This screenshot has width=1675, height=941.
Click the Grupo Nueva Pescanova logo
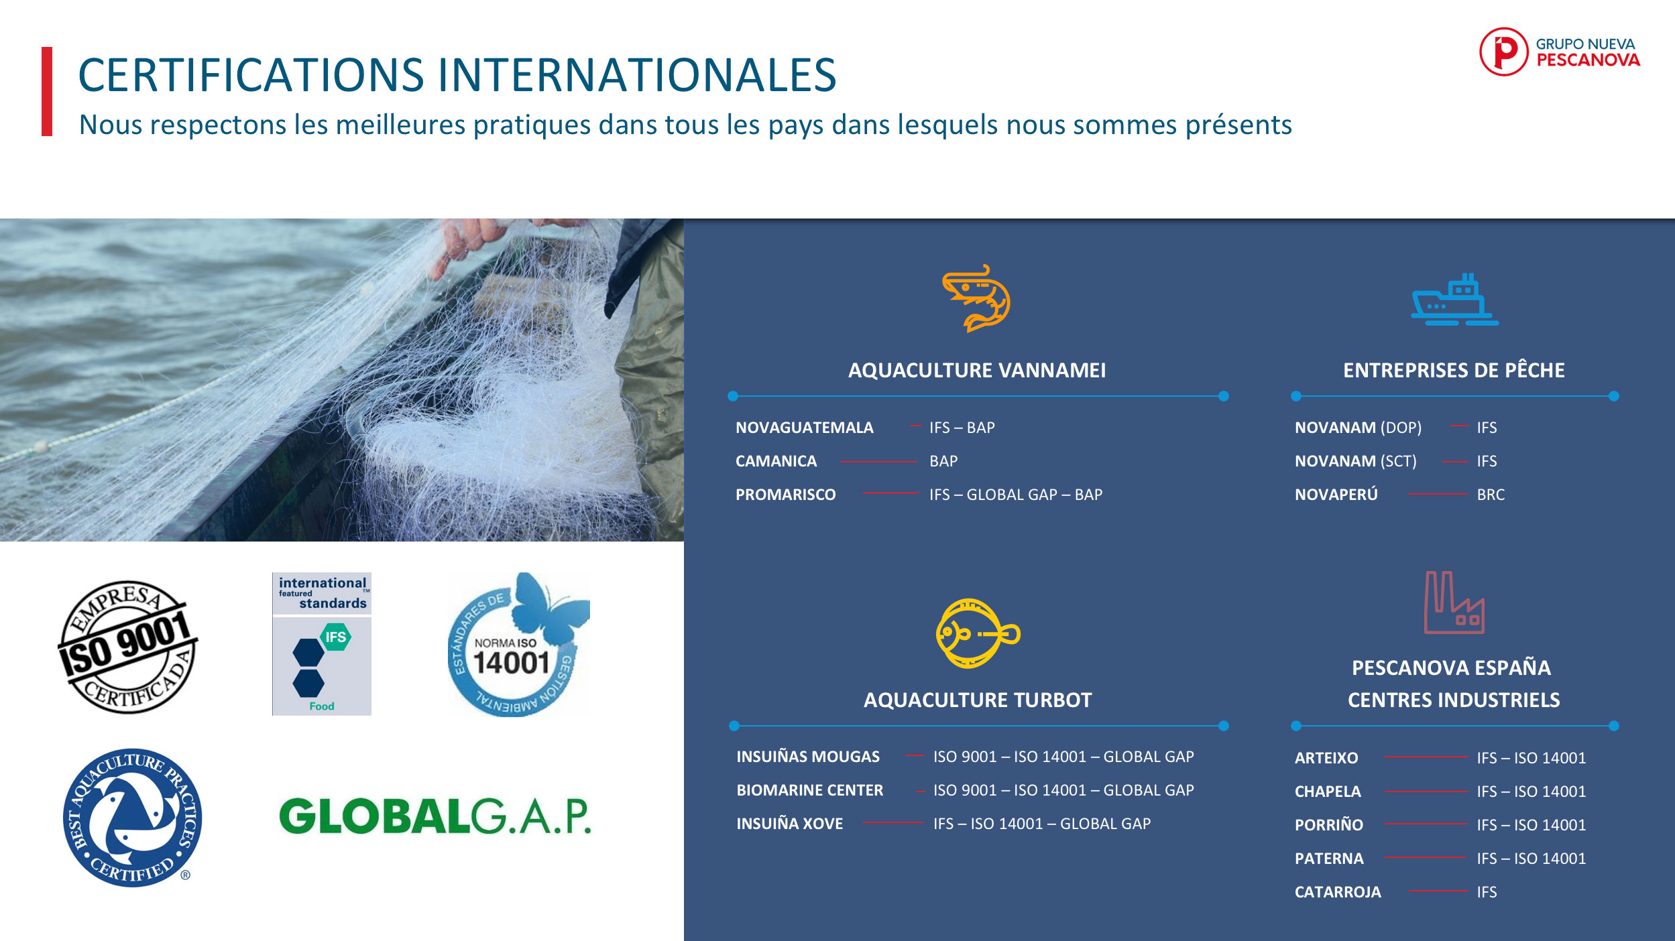click(x=1560, y=52)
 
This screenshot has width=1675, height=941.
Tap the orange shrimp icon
click(x=976, y=298)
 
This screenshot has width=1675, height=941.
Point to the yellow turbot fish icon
click(x=978, y=633)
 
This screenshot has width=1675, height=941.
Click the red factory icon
click(x=1454, y=602)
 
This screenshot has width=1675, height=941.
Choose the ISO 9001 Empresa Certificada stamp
click(x=127, y=647)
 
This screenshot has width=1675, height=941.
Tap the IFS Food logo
click(x=322, y=643)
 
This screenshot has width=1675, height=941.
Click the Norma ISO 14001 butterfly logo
click(x=518, y=644)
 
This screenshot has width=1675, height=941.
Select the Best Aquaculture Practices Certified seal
click(x=132, y=818)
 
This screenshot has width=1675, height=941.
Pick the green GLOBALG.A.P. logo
click(x=435, y=816)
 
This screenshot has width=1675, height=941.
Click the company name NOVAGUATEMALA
click(x=804, y=428)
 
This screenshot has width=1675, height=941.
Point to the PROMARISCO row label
click(x=785, y=495)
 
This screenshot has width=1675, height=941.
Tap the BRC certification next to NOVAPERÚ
click(x=1491, y=495)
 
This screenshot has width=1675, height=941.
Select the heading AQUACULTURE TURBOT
click(x=978, y=700)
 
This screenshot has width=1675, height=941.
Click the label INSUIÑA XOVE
click(x=789, y=823)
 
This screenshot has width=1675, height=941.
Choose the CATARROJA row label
click(x=1338, y=892)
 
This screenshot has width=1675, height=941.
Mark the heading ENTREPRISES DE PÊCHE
click(x=1454, y=369)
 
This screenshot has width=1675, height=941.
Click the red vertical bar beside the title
click(x=47, y=92)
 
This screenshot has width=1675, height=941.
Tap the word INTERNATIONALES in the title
click(x=637, y=74)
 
